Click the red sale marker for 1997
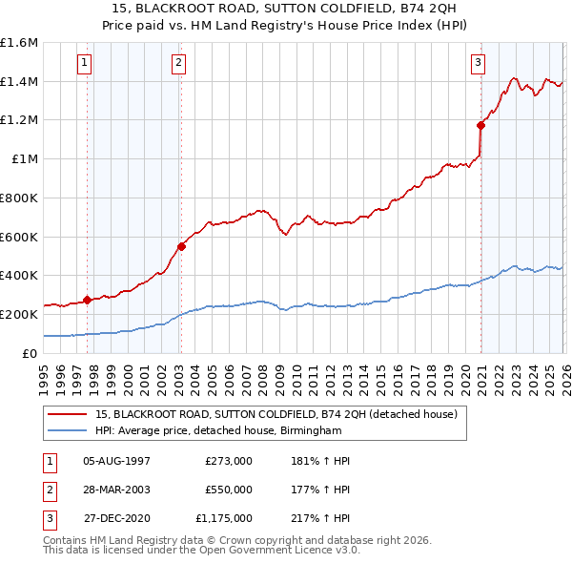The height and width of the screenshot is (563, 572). point(88,300)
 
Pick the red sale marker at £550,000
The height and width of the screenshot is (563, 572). point(181,246)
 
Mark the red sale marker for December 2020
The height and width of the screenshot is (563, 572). point(480,125)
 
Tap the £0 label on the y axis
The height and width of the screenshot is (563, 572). point(31,353)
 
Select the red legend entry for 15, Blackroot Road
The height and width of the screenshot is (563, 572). point(276,414)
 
